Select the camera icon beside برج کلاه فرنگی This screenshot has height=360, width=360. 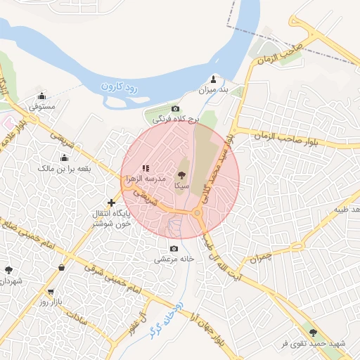[x=176, y=109]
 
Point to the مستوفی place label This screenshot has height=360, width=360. [x=41, y=106]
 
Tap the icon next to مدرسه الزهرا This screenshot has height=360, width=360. [x=146, y=168]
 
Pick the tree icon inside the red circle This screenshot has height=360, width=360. [x=181, y=175]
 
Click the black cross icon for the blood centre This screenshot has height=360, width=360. [x=110, y=202]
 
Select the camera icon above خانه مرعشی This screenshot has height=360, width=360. [x=174, y=248]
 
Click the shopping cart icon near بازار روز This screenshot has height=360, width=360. [x=51, y=291]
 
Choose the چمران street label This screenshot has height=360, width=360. [x=259, y=259]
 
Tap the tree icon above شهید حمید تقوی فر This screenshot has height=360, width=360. [x=313, y=333]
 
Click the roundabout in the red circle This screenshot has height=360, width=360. [x=198, y=212]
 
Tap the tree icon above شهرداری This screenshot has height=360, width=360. [x=8, y=270]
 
